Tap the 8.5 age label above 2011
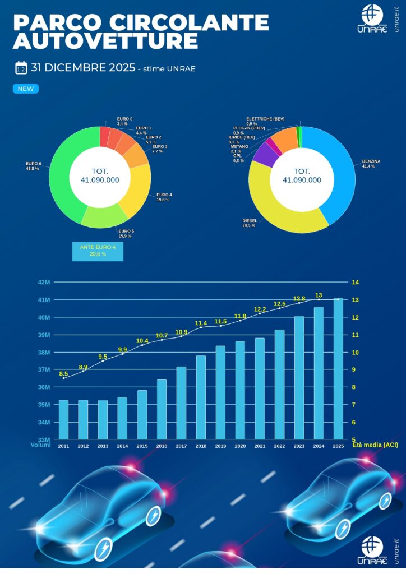tap(63, 374)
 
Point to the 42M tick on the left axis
tap(44, 283)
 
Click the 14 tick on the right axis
tap(355, 283)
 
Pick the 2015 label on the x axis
tap(142, 446)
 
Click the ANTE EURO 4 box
tap(98, 251)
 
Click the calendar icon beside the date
tap(21, 68)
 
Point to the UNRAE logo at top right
tap(372, 19)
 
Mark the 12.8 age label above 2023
tap(299, 299)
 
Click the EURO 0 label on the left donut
tap(124, 119)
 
